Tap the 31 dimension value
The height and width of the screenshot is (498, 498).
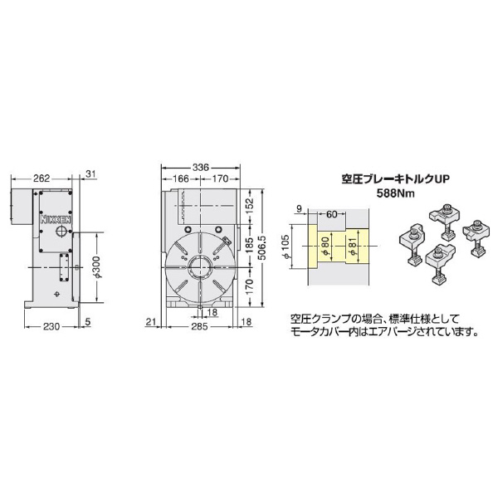[x=91, y=174]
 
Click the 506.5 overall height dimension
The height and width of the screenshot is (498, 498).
[x=262, y=246]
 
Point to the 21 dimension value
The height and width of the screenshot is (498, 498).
[x=152, y=322]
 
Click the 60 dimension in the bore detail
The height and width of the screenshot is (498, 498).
[x=331, y=214]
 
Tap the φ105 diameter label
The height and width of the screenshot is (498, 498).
[x=286, y=247]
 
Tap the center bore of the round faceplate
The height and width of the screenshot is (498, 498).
[x=199, y=268]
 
